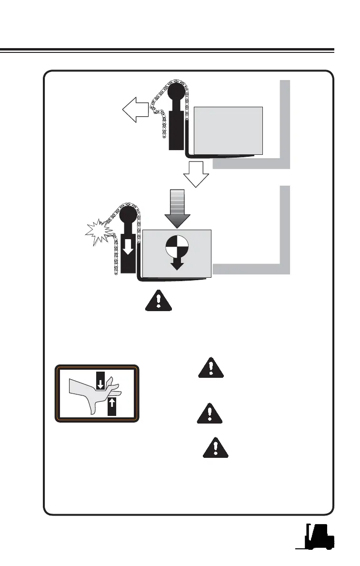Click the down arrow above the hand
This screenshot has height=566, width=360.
tap(101, 382)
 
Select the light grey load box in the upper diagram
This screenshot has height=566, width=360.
tap(229, 130)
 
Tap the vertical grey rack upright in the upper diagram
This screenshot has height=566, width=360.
tap(284, 121)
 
